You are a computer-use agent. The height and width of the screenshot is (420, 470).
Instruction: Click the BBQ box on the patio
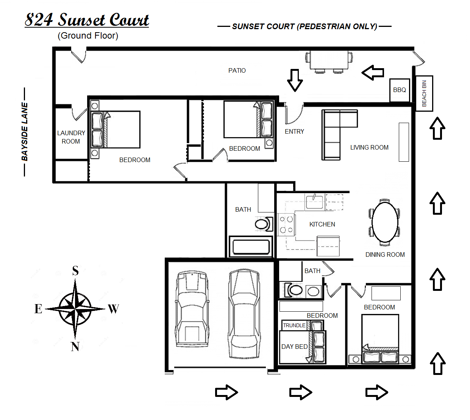click(x=399, y=90)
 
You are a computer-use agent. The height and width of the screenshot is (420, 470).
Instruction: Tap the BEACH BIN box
click(x=424, y=93)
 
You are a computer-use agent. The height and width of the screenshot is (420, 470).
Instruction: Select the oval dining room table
click(x=385, y=222)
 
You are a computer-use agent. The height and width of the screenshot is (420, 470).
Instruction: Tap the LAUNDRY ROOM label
click(x=71, y=137)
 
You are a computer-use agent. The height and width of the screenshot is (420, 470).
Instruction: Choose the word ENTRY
click(x=294, y=131)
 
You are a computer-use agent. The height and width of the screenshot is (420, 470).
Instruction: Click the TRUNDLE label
click(x=294, y=325)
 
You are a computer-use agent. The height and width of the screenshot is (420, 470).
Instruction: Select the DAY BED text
click(x=294, y=347)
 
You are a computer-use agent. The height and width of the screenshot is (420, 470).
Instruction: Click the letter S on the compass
click(x=75, y=271)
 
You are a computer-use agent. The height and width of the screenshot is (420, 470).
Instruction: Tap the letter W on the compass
click(x=113, y=309)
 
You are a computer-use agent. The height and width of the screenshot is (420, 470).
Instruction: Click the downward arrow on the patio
click(x=295, y=80)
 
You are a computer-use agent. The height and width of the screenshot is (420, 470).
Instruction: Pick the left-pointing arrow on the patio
click(x=373, y=72)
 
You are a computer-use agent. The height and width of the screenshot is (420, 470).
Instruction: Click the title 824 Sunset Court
click(x=87, y=20)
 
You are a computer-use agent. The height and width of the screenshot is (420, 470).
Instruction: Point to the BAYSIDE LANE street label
click(x=25, y=131)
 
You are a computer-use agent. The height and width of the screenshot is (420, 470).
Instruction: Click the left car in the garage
click(x=192, y=309)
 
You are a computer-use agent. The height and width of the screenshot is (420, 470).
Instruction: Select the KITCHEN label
click(x=322, y=224)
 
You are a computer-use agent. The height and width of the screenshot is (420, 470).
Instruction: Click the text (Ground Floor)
click(x=88, y=36)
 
